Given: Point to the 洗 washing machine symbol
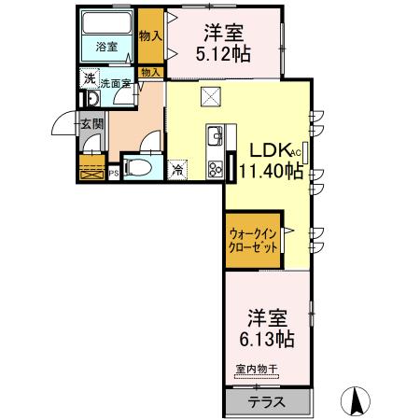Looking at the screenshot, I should [x=89, y=79].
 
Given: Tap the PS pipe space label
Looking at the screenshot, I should [x=114, y=172].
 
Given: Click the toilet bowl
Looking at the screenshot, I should [x=136, y=166].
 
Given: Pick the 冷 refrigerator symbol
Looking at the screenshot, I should [x=178, y=170].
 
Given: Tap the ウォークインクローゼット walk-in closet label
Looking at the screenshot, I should [x=250, y=239].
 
